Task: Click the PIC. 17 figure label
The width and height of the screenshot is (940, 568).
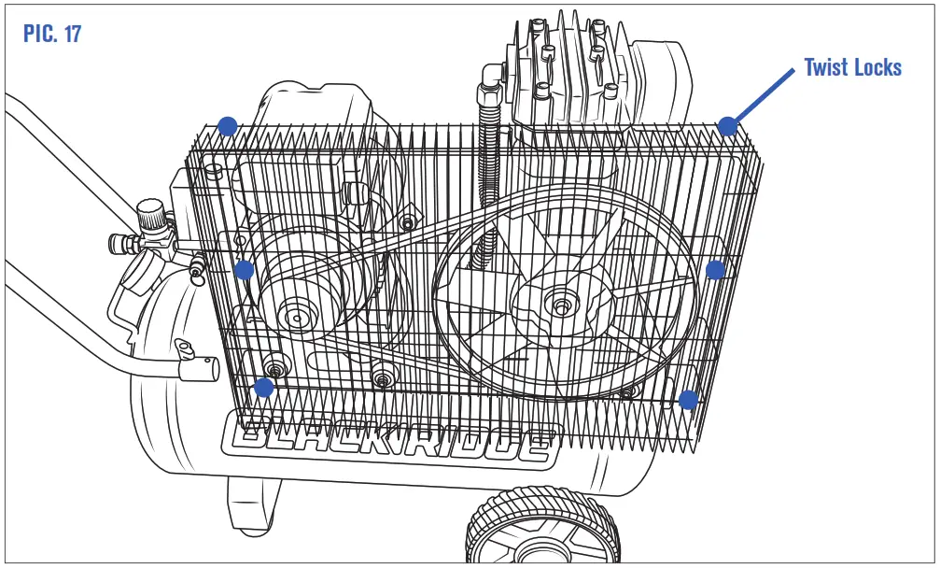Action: pos(52,35)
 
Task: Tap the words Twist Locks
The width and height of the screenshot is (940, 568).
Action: pos(852,67)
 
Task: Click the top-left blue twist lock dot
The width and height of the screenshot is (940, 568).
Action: pos(226,125)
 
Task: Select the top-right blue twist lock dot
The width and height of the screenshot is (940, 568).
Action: pos(727,126)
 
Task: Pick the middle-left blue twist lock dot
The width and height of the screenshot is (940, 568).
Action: pos(244,270)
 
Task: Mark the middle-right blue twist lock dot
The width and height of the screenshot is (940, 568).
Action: pos(715,270)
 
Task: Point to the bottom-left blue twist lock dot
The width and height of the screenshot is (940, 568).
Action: pos(264,387)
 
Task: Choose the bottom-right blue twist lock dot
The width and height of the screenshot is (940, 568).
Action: pos(688,400)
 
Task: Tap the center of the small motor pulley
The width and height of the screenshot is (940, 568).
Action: pos(298,316)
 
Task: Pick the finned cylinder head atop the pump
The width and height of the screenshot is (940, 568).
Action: pos(569,70)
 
